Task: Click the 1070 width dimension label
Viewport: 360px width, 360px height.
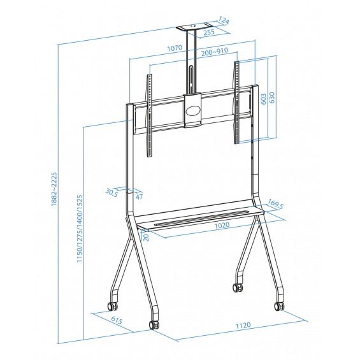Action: click(x=175, y=48)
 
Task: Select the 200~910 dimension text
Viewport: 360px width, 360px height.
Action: click(x=215, y=52)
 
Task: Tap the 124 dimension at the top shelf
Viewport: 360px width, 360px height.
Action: click(x=224, y=20)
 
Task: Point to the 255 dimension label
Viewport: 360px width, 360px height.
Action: click(x=209, y=32)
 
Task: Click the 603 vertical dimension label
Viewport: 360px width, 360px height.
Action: click(x=264, y=99)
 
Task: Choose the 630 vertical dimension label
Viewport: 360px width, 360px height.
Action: click(x=272, y=97)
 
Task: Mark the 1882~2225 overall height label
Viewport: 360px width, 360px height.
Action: click(x=54, y=189)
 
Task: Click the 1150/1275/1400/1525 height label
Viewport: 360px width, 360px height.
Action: click(x=80, y=229)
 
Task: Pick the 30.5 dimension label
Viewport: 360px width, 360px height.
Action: click(x=112, y=192)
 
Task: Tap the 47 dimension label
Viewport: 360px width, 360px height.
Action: click(x=139, y=196)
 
